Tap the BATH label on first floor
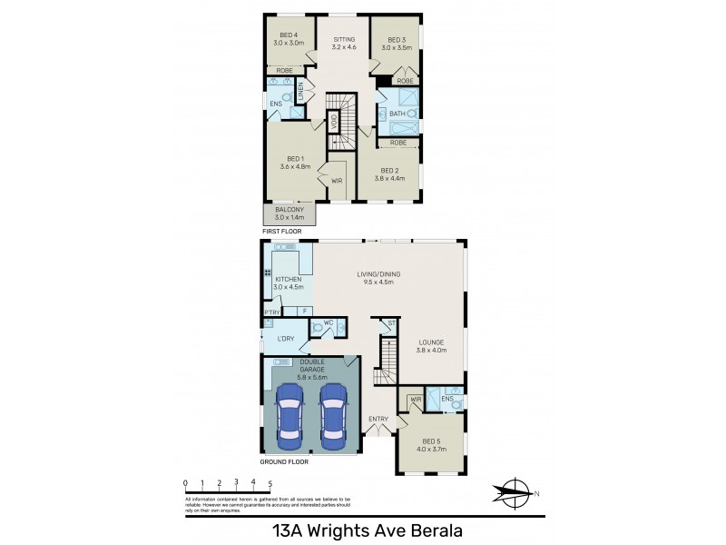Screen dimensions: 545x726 397,114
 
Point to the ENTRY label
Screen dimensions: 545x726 378,419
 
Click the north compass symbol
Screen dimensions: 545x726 515,492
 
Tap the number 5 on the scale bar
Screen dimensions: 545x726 270,483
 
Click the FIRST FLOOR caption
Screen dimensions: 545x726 281,233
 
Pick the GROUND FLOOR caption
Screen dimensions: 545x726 284,462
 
